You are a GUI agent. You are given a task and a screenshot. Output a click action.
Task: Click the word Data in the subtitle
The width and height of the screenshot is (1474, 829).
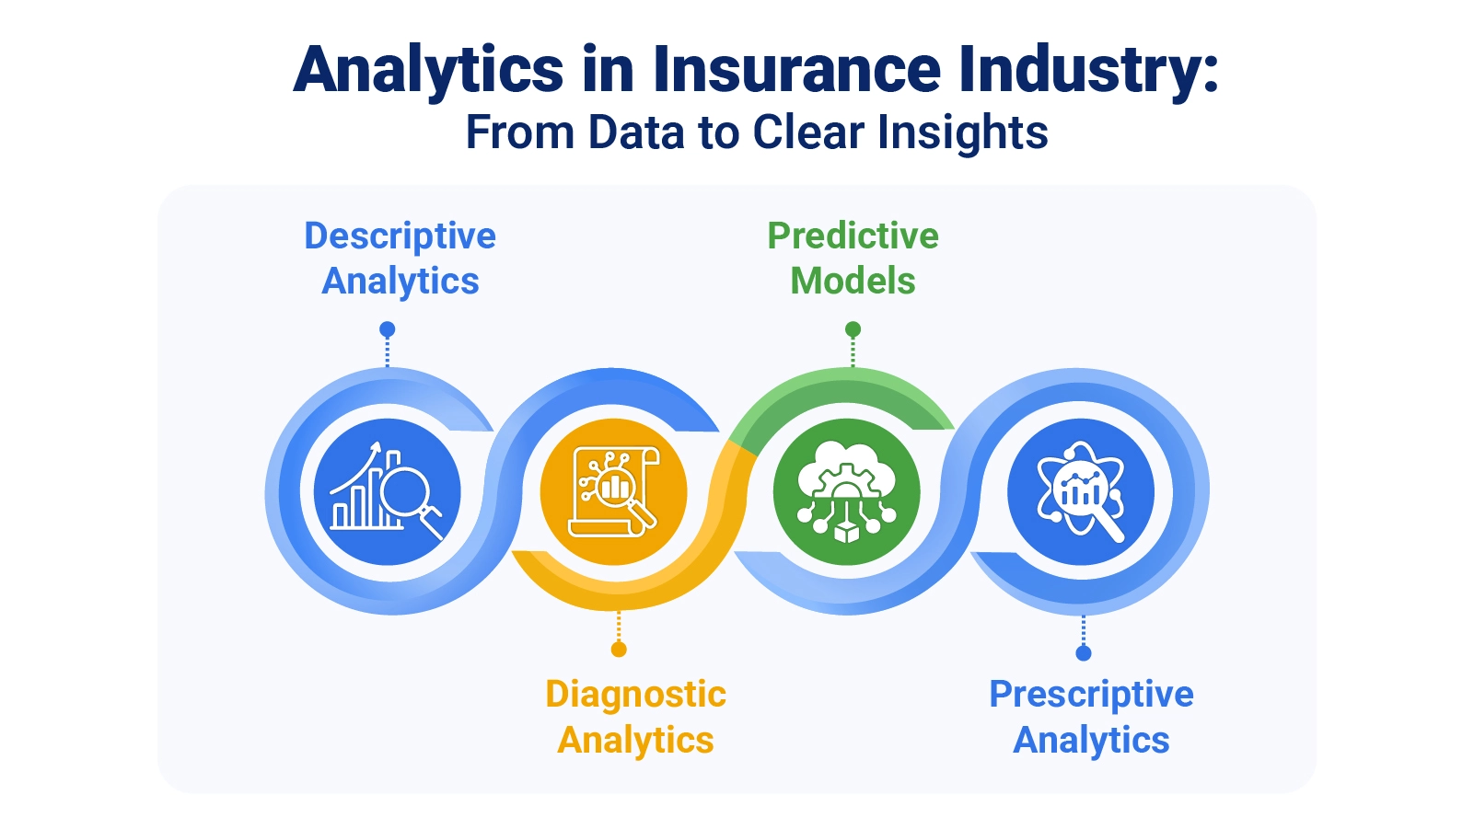pyautogui.click(x=635, y=132)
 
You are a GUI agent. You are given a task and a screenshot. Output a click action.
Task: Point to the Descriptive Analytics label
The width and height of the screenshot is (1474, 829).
pyautogui.click(x=400, y=259)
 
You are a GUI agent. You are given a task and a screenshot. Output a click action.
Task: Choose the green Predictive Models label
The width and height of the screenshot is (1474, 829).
pyautogui.click(x=853, y=259)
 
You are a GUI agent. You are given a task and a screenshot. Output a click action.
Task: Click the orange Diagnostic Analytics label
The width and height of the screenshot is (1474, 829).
pyautogui.click(x=635, y=717)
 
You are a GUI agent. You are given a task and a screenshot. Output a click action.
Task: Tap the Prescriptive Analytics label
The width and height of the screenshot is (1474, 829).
pyautogui.click(x=1091, y=717)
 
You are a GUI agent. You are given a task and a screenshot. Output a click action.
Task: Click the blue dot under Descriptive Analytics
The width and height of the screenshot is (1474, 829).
pyautogui.click(x=388, y=329)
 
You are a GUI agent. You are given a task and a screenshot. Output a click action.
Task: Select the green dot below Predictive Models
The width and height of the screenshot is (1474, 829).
pyautogui.click(x=853, y=329)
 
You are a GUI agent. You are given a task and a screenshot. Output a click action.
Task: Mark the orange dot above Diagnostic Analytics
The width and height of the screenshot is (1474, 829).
pyautogui.click(x=619, y=650)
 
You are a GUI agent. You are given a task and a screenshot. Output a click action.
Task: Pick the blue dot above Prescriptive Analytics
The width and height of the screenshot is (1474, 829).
pyautogui.click(x=1084, y=653)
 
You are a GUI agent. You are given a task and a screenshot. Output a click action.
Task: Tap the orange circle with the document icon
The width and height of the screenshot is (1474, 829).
pyautogui.click(x=613, y=492)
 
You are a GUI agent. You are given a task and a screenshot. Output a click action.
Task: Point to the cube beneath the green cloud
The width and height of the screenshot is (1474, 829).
pyautogui.click(x=846, y=531)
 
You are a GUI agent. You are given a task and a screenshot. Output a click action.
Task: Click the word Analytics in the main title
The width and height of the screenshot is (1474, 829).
pyautogui.click(x=428, y=70)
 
